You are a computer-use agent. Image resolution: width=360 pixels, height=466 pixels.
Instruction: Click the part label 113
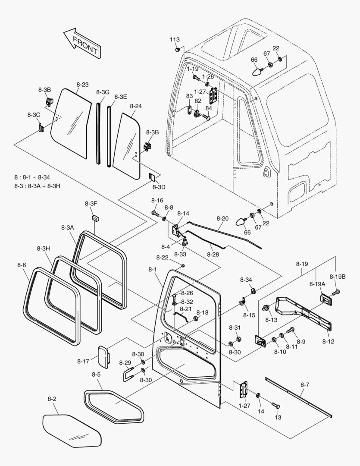point(175,40)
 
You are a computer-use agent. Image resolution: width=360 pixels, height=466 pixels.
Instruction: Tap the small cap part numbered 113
point(178,49)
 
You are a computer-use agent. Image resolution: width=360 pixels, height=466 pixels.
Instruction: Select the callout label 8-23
point(83,85)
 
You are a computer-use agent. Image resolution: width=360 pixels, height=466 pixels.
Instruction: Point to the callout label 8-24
point(136,106)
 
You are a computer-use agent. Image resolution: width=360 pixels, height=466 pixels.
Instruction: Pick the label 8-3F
point(91,204)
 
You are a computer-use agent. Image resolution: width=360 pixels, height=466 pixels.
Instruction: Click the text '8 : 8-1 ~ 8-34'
point(32,177)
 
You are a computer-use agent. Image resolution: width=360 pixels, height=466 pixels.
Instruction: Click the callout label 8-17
point(83,362)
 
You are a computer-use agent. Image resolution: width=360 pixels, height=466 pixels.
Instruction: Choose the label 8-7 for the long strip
point(305,384)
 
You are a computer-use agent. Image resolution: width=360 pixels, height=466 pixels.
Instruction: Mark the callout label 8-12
point(328,341)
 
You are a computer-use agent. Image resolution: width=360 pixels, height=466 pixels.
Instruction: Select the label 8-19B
point(338,277)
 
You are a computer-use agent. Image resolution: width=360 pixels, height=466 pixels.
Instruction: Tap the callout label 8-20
point(222,218)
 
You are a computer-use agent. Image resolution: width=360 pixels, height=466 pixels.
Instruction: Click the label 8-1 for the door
point(152,269)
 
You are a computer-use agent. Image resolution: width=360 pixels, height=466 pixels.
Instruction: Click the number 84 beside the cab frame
point(209,108)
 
